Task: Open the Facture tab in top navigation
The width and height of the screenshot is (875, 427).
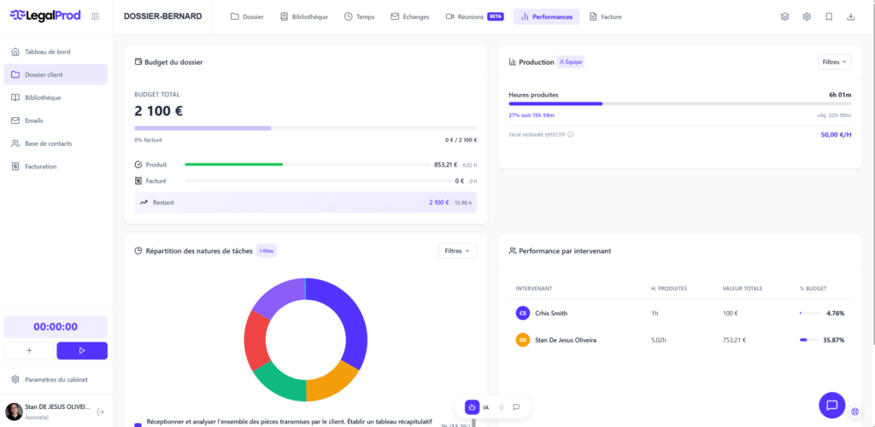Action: point(605,17)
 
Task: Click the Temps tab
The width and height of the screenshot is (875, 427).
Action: point(360,17)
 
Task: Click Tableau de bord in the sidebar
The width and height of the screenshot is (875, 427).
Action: point(47,52)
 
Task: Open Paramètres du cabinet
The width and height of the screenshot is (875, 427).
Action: point(56,379)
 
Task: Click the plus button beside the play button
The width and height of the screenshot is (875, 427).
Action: point(29,350)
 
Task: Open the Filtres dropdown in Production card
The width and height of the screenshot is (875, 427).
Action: point(834,61)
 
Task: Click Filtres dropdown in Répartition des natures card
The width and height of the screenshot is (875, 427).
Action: point(457,250)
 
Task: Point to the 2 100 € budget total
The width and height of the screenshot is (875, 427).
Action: point(159,111)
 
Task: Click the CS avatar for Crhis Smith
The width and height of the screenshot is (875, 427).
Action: point(523,313)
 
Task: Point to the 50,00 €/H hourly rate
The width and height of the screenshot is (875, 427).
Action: point(836,134)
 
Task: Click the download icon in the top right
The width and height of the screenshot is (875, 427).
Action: point(850,17)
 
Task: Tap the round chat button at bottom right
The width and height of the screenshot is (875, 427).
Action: point(831,404)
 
